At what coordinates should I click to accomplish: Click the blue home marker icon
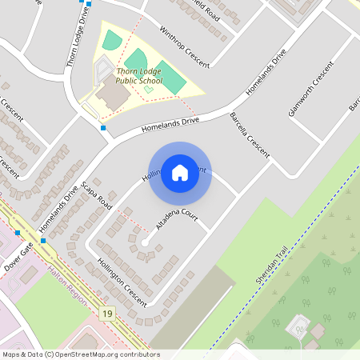pyautogui.click(x=180, y=173)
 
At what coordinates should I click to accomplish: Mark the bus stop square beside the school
pyautogui.click(x=103, y=127)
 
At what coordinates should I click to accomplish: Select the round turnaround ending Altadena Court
pyautogui.click(x=145, y=242)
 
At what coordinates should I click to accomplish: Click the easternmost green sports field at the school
pyautogui.click(x=170, y=76)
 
